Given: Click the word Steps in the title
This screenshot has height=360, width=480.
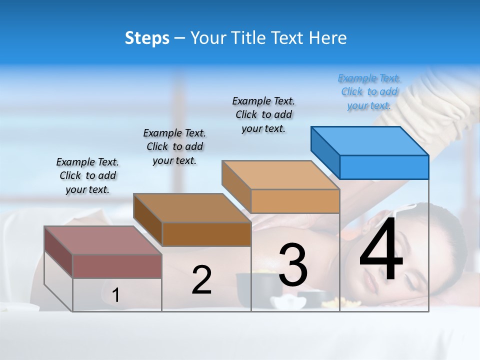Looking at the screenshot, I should pos(147,38).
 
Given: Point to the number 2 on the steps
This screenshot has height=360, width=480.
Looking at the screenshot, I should pos(201,280).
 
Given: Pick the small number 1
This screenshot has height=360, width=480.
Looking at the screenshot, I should pos(115,295).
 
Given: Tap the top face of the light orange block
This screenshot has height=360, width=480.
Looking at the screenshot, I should pos(280,174).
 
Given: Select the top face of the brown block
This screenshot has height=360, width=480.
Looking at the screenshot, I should pos(192,207).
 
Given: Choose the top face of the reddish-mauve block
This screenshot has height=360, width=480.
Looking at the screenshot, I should pos(103,240).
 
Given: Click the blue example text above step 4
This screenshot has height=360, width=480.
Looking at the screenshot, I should pos(369,92).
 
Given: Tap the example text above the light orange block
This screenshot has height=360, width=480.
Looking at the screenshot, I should pos(263,114).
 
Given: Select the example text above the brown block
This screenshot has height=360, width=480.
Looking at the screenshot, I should pos(174,146).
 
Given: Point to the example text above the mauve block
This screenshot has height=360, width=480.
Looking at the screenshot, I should pos(87,175).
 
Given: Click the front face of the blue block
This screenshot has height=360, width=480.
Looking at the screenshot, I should pos(384,167).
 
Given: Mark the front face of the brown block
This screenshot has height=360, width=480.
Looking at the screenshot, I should pos(206,234).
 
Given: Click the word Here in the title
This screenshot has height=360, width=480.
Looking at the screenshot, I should pos(328,38).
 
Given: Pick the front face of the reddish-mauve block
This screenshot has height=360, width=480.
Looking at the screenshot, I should pos(117,266).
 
